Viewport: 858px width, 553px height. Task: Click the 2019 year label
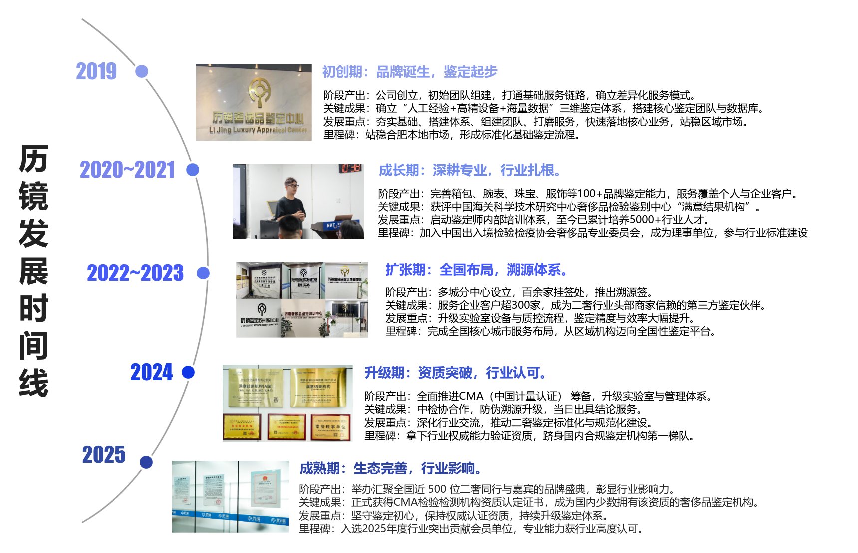tap(96, 71)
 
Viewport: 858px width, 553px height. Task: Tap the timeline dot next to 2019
tap(142, 71)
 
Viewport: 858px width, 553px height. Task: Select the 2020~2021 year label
tap(127, 170)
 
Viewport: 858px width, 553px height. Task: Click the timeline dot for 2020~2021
tap(193, 170)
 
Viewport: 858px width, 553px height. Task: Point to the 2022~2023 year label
tap(135, 273)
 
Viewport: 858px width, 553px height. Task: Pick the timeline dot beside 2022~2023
tap(203, 273)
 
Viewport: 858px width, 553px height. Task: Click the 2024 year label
tap(151, 372)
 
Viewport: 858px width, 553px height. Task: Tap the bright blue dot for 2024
tap(188, 372)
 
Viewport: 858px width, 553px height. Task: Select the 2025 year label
tap(104, 455)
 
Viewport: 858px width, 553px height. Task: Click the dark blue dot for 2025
tap(146, 462)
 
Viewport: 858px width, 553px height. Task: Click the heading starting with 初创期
tap(409, 72)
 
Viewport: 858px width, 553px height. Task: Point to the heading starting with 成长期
tap(469, 170)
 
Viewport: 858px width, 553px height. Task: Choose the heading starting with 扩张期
tap(476, 270)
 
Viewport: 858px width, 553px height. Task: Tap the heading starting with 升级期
tap(454, 373)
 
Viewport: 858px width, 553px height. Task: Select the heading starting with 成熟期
tap(390, 468)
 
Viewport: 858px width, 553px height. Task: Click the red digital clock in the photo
tap(351, 168)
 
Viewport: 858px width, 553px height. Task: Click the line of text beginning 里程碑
tap(471, 529)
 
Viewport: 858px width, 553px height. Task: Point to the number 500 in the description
tap(437, 489)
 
